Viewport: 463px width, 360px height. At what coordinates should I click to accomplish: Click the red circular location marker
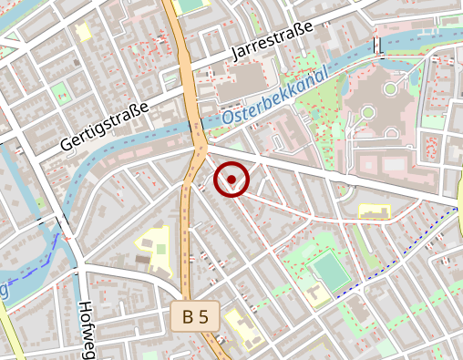[231, 180]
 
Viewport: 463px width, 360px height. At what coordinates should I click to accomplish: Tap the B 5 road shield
[194, 316]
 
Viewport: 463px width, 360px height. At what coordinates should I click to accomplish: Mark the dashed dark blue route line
[401, 254]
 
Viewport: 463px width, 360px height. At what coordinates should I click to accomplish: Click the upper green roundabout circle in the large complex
[391, 88]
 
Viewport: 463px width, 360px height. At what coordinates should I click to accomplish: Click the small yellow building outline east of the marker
[376, 211]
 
